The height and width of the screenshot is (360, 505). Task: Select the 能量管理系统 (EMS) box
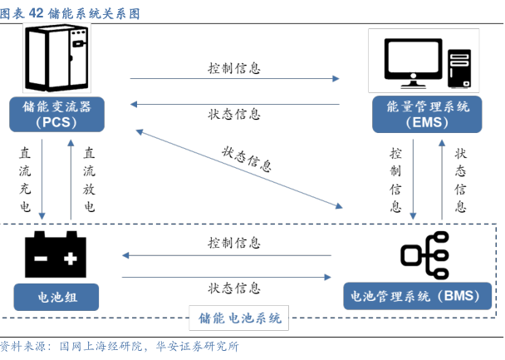tap(429, 115)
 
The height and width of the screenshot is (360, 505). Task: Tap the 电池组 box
tap(56, 296)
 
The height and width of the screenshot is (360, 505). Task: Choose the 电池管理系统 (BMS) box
tap(423, 296)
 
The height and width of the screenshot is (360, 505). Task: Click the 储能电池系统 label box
tap(240, 317)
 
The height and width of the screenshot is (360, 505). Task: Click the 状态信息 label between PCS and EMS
tap(234, 114)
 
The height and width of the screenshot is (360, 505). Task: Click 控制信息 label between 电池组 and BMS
tap(234, 244)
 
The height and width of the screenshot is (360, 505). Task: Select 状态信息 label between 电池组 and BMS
tap(234, 288)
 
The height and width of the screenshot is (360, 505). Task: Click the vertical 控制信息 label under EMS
tap(395, 180)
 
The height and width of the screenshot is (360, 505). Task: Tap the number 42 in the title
tap(37, 13)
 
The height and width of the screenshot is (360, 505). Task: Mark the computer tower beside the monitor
tap(462, 67)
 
